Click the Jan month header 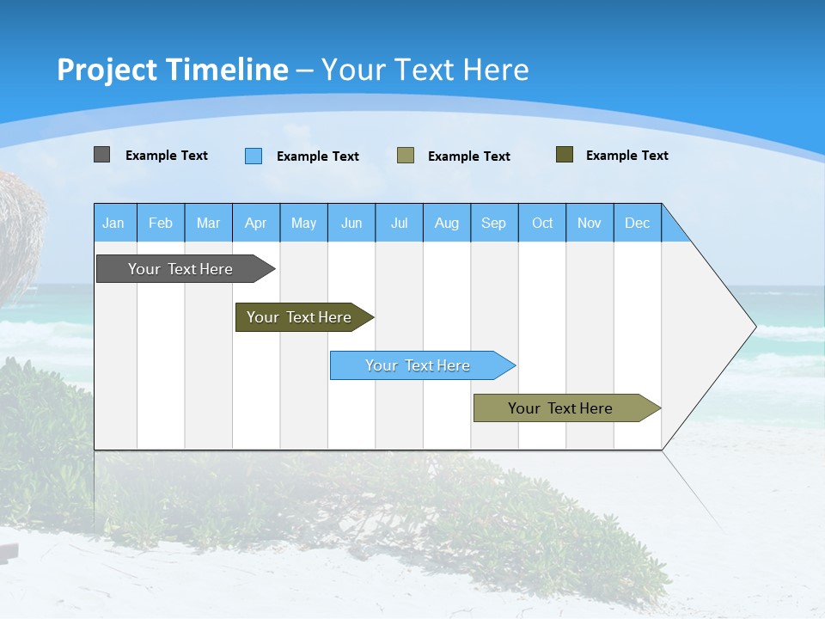[114, 223]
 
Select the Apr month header [256, 223]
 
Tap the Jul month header [399, 223]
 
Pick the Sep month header [494, 223]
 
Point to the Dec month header [637, 223]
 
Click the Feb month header [161, 223]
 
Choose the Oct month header [542, 223]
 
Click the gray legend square [101, 155]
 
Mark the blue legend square [254, 156]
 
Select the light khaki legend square [406, 155]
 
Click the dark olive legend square [565, 155]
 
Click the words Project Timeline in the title [173, 70]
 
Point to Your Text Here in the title [425, 70]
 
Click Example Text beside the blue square [318, 156]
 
